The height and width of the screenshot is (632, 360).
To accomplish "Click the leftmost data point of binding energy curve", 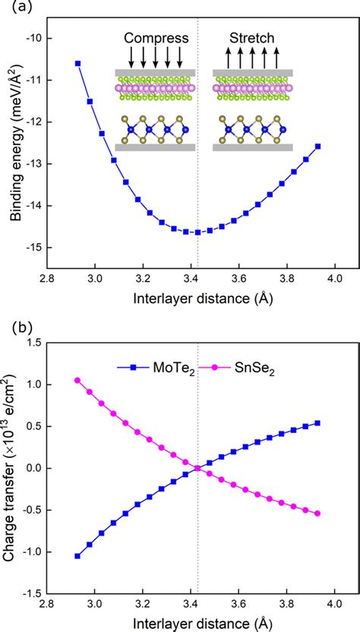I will [x=77, y=64].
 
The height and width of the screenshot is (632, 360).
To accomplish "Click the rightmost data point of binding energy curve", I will [x=317, y=146].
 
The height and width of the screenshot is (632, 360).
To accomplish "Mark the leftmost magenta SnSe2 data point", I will [x=77, y=380].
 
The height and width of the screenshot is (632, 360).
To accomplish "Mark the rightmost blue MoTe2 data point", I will [x=317, y=423].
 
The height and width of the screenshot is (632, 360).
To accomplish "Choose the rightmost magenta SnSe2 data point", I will [x=317, y=513].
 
